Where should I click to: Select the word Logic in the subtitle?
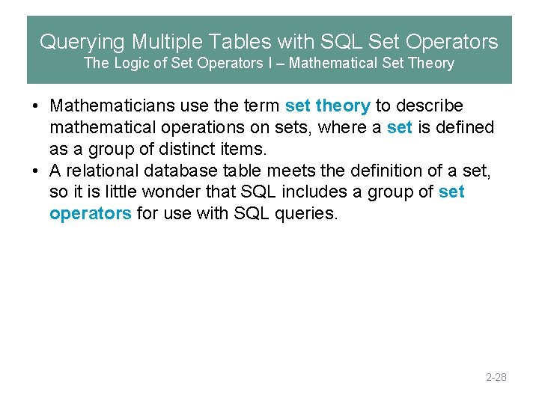click(x=133, y=64)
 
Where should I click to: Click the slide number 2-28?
click(x=496, y=377)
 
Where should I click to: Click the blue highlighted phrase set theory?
click(x=327, y=106)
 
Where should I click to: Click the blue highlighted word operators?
click(x=90, y=214)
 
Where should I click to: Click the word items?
click(x=240, y=150)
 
